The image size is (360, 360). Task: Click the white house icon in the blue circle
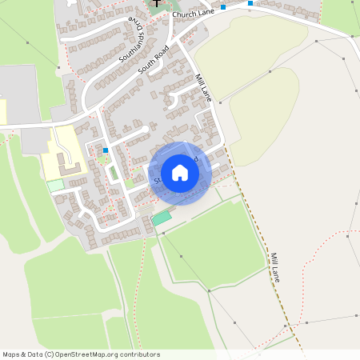[x=180, y=172]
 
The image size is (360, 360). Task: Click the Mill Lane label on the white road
[x=203, y=88]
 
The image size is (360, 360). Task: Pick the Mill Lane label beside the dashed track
[x=274, y=266]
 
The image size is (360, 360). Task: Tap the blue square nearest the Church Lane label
[x=223, y=6]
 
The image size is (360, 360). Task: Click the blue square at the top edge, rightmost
[x=250, y=3]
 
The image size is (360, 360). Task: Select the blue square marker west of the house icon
[x=105, y=150]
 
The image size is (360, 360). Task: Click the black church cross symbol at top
[x=157, y=4]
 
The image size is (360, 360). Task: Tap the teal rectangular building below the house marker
[x=162, y=217]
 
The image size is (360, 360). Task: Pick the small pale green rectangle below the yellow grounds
[x=54, y=186]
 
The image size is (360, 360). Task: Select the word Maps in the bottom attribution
[x=11, y=354]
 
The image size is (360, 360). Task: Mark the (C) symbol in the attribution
[x=50, y=354]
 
